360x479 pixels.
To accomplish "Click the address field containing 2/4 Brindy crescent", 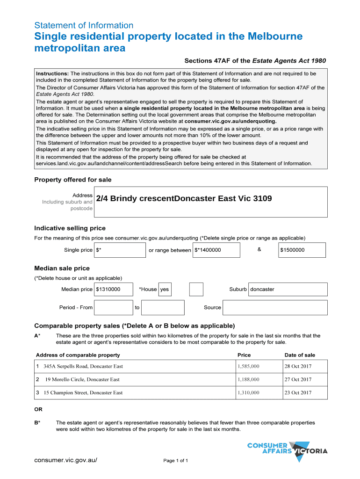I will point(210,202).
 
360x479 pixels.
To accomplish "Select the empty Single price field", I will point(120,250).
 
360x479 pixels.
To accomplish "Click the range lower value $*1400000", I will point(216,250).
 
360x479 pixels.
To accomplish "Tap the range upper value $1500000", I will point(302,250).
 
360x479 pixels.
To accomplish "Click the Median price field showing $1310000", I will point(114,289).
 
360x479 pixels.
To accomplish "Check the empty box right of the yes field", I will point(196,289).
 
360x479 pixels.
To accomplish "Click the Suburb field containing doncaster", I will point(288,289).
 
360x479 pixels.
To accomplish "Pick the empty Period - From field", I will point(114,307).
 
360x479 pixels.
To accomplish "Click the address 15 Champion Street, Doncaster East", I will point(83,392).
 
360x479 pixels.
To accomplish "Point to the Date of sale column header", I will point(300,355).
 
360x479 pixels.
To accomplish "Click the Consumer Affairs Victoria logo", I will point(287,450).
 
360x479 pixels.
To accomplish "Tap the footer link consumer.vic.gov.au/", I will point(66,460).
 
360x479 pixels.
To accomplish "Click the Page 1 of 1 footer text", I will point(176,461).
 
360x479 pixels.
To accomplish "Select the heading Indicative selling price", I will point(70,228).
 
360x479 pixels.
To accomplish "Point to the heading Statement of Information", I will point(84,25).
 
